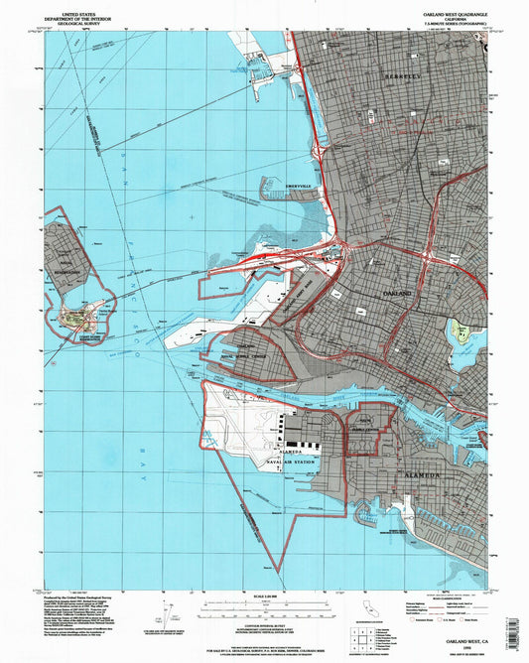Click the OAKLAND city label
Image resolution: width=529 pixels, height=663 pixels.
(x=396, y=295)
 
